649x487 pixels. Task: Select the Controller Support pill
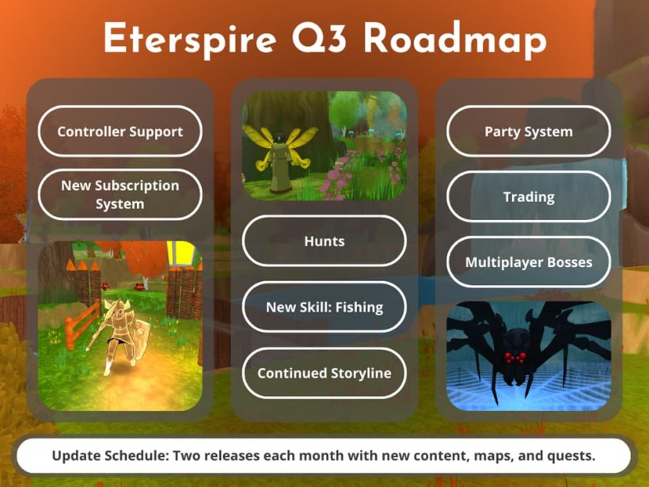[x=120, y=131]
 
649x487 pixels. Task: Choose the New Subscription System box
[x=120, y=195]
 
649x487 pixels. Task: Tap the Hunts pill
[x=324, y=241]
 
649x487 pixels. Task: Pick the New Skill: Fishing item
[x=324, y=306]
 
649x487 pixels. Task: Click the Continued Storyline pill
[x=324, y=373]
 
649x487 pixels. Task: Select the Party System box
[x=528, y=131]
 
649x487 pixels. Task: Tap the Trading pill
[x=528, y=196]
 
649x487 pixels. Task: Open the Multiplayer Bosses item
[x=528, y=262]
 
